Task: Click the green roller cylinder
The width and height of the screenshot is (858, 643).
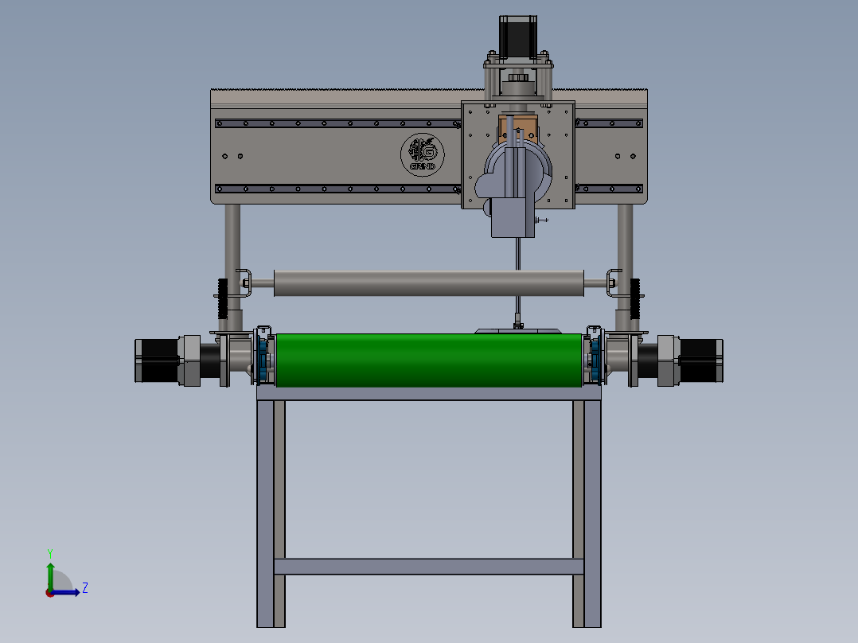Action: pos(428,360)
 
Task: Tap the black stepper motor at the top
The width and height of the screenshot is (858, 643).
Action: pos(516,35)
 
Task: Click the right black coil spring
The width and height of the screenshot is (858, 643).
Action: pos(636,296)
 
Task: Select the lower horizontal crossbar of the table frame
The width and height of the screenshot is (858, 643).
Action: pos(428,567)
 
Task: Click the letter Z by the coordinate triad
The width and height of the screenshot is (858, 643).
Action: pos(84,588)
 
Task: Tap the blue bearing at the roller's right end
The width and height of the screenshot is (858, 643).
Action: pos(592,360)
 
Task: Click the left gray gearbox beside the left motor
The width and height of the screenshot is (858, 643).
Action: pos(189,360)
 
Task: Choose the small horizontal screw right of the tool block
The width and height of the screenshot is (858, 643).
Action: pos(543,220)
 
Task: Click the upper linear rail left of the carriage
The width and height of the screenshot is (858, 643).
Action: pos(334,123)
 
